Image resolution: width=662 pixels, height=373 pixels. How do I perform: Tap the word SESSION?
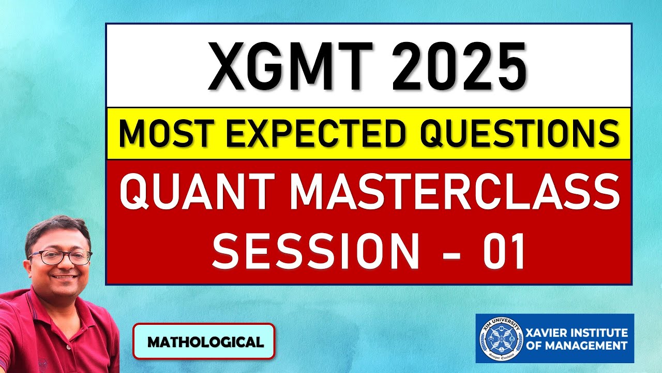click(x=315, y=251)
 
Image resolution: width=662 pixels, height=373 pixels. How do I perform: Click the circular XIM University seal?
click(x=499, y=337)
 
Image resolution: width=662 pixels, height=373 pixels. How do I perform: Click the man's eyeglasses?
click(x=60, y=257)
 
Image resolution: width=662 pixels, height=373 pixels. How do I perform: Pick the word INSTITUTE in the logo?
click(x=600, y=332)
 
